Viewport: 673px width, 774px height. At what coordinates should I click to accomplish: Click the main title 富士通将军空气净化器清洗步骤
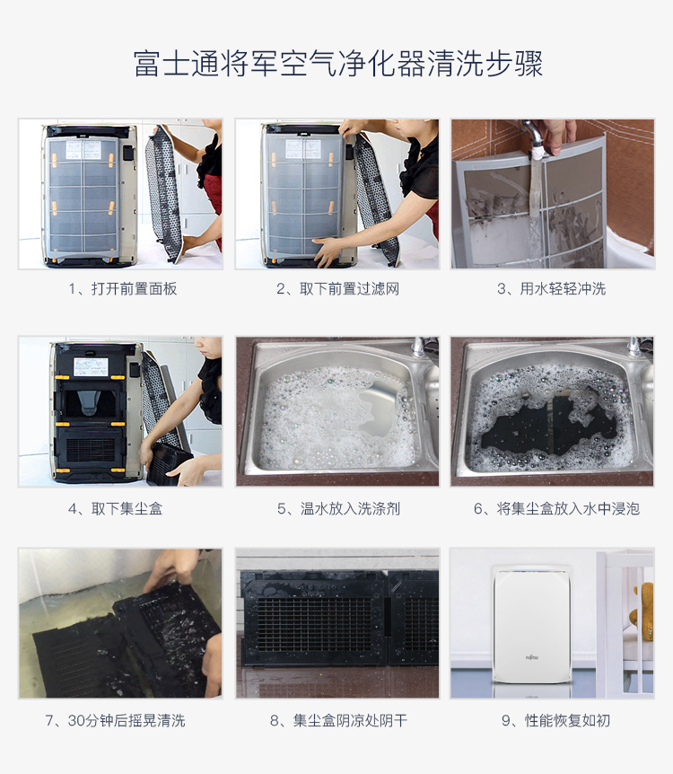tap(338, 64)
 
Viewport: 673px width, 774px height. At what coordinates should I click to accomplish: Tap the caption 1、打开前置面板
tap(122, 289)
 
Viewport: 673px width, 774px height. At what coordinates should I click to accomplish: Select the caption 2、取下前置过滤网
tap(337, 289)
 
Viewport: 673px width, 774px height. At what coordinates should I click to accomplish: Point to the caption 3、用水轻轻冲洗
tap(551, 289)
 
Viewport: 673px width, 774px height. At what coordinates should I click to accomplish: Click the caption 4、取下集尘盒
tap(116, 508)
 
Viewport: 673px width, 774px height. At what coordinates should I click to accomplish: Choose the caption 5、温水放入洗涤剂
tap(338, 508)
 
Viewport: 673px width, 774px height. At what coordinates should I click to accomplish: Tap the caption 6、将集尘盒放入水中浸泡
tap(556, 508)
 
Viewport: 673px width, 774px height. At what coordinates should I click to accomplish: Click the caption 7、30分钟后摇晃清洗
tap(116, 721)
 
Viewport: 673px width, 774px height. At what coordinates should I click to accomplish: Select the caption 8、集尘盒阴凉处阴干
tap(338, 721)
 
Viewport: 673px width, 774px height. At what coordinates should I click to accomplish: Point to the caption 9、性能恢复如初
tap(555, 721)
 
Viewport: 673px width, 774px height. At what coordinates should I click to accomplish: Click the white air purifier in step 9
tap(532, 625)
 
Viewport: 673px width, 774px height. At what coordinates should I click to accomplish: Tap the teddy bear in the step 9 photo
tap(642, 611)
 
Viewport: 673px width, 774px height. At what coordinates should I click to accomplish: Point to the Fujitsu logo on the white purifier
tap(532, 657)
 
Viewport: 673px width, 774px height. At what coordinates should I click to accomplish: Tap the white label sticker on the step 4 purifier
tap(91, 366)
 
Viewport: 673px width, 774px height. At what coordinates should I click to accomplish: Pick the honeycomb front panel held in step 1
tap(164, 192)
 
